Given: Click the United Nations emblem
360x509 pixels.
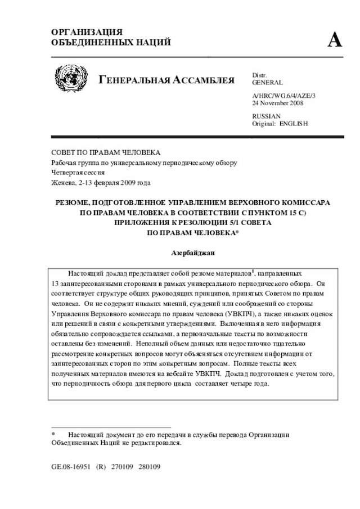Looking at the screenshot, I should coord(71,78).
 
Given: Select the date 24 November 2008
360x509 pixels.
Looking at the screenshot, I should coord(278,103).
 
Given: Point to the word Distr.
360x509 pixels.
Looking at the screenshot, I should coord(259,75).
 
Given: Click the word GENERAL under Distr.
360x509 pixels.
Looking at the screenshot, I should coord(268,82).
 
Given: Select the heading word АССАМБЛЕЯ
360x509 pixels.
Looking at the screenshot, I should coord(202,79).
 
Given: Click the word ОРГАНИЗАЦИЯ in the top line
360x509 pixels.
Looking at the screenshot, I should coord(87,32).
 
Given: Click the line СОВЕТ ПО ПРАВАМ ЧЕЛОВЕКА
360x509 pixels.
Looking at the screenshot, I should coord(106,152).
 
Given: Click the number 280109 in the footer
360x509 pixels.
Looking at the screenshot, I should coord(150,467).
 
